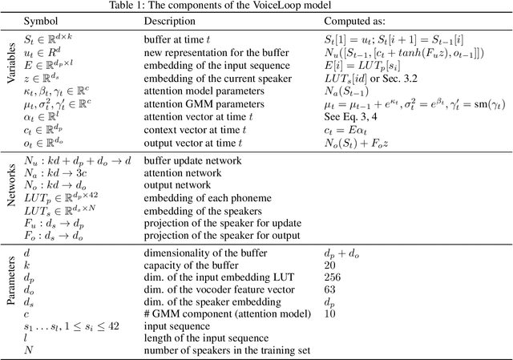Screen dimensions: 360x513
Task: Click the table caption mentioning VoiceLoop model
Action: tap(256, 6)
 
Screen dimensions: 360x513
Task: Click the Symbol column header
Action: tap(41, 21)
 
